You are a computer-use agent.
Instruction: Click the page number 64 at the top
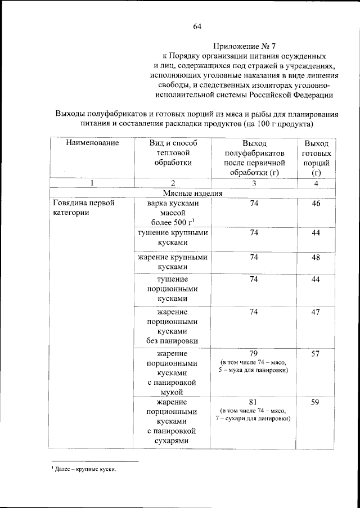pos(197,26)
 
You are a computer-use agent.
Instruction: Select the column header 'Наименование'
pos(92,143)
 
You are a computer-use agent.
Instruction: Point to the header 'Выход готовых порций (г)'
pos(316,158)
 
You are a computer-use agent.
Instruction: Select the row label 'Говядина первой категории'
pos(83,208)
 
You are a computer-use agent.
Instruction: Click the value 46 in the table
pos(316,203)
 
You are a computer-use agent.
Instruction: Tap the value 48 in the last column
pos(316,257)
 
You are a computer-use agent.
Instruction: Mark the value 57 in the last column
pos(316,354)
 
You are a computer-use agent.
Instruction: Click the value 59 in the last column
pos(316,402)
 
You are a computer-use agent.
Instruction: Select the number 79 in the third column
pos(254,353)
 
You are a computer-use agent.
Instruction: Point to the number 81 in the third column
pos(254,402)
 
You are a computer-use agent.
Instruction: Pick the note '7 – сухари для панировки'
pos(254,419)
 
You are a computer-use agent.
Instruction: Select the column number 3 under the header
pos(254,183)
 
